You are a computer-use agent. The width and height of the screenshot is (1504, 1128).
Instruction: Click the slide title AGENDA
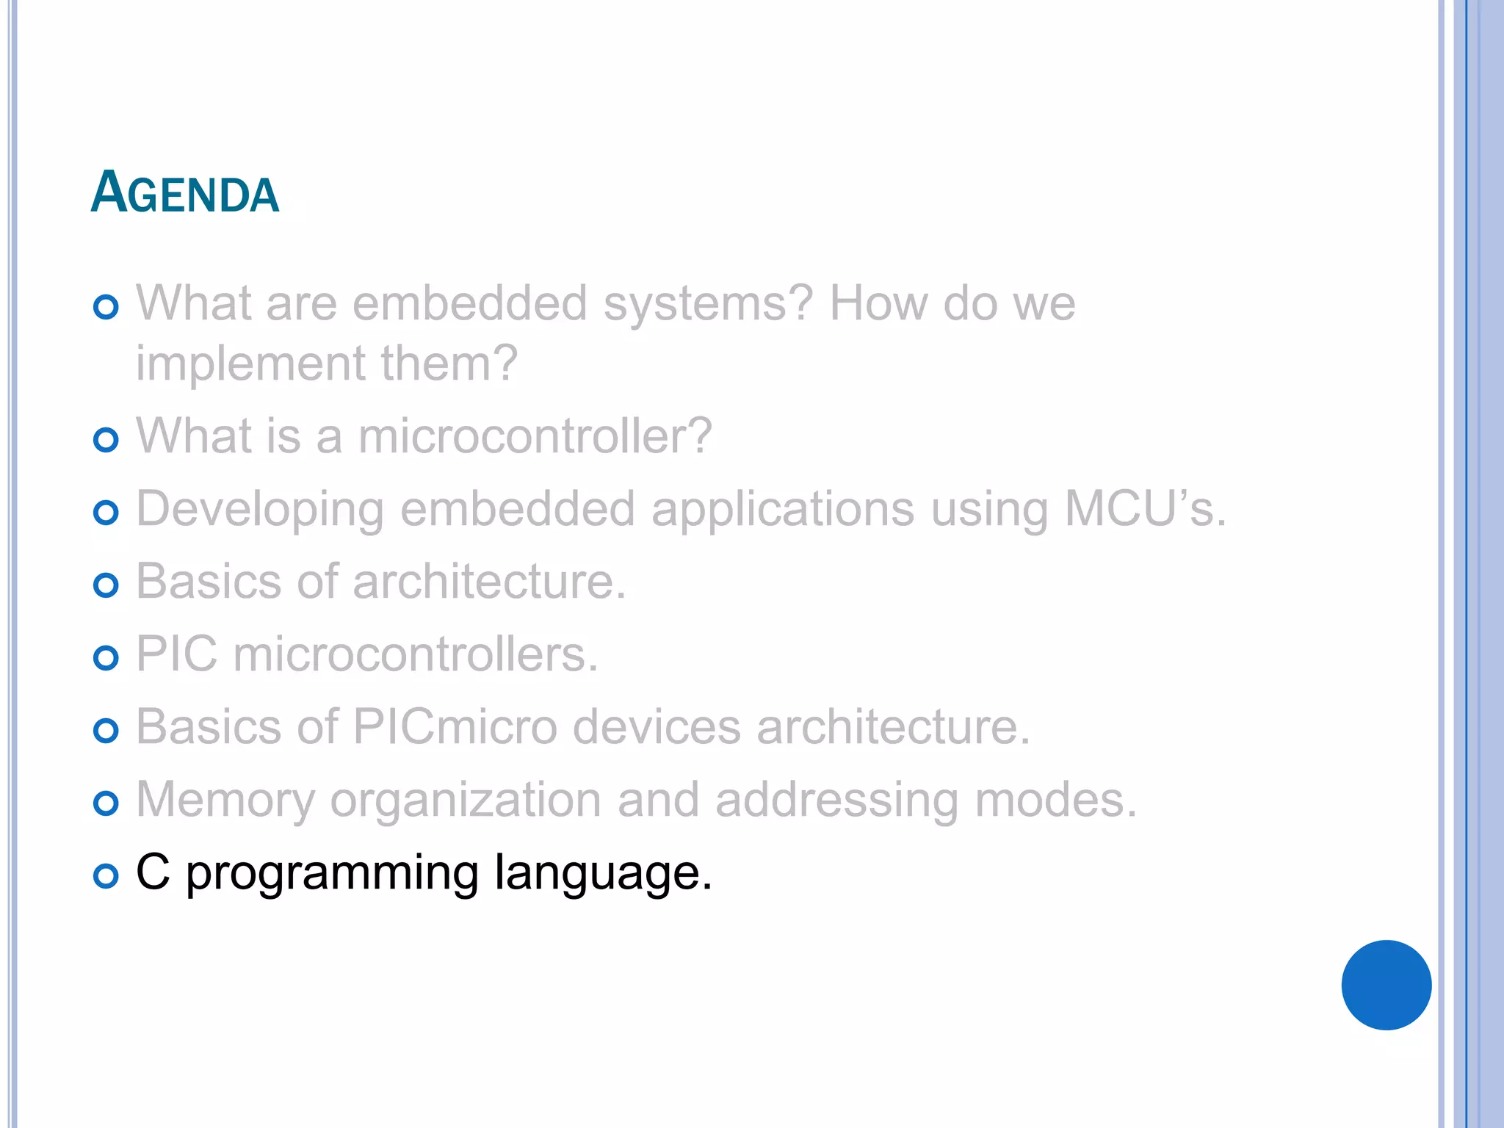tap(185, 193)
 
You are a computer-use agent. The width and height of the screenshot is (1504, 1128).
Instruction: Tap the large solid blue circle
tap(1386, 985)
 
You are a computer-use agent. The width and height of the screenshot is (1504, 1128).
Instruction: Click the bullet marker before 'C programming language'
tap(106, 875)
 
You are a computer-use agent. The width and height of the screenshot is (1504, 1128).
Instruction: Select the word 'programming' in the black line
tap(332, 874)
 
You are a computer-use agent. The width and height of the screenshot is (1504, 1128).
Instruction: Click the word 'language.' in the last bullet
tap(603, 874)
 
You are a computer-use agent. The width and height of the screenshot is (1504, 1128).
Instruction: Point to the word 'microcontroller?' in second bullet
tap(535, 435)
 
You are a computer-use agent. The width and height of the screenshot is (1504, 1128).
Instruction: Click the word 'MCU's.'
tap(1145, 508)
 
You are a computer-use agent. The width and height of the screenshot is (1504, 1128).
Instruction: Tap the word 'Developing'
tap(260, 510)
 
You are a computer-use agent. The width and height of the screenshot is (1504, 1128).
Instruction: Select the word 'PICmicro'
tap(455, 727)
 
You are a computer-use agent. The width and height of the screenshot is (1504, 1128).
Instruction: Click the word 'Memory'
tap(225, 800)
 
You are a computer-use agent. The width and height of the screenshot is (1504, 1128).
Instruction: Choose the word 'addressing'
tap(836, 800)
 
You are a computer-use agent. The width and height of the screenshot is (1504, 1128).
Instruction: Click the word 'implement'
tap(250, 364)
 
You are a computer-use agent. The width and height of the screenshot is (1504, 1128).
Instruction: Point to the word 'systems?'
tap(708, 303)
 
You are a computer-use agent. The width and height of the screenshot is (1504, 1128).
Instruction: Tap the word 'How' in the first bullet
tap(878, 303)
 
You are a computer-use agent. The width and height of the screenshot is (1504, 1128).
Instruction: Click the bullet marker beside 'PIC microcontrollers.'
tap(106, 657)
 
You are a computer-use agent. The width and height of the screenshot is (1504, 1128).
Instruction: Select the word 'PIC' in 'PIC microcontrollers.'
tap(177, 654)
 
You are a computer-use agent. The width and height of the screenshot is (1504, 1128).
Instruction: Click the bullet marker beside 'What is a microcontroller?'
tap(106, 440)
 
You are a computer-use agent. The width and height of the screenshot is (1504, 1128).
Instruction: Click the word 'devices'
tap(657, 727)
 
